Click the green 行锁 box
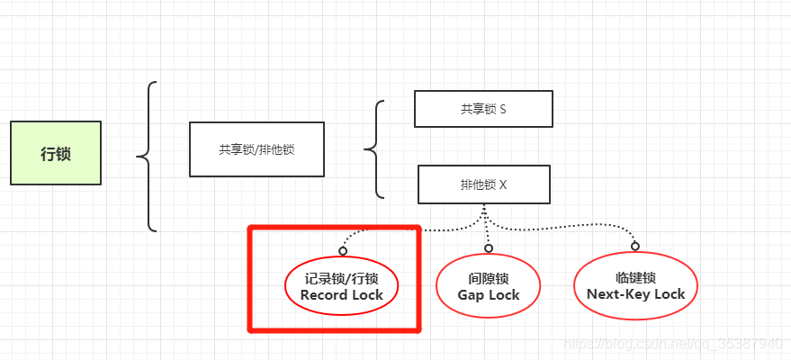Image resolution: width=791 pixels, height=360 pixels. click(56, 153)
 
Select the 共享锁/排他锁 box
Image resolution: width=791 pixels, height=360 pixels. click(256, 149)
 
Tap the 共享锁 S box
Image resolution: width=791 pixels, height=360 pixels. click(483, 109)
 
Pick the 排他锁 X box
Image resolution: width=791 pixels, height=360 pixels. click(484, 184)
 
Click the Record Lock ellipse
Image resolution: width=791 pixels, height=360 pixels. click(342, 287)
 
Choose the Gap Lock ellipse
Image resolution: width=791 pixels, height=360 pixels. click(489, 287)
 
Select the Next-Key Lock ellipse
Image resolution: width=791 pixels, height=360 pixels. click(635, 286)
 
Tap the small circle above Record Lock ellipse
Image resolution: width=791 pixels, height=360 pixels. click(343, 249)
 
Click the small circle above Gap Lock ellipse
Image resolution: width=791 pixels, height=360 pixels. click(489, 247)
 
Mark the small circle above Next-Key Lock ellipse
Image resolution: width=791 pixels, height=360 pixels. click(635, 246)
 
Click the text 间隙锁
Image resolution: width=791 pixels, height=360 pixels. click(489, 280)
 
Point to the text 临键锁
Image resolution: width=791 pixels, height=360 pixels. click(635, 278)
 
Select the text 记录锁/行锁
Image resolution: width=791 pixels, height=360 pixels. click(342, 279)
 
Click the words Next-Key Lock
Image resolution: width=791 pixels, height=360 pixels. click(635, 294)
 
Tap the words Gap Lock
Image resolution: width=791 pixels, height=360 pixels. click(489, 295)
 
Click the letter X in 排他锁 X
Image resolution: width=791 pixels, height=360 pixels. click(503, 184)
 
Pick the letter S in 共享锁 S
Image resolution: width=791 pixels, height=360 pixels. click(502, 109)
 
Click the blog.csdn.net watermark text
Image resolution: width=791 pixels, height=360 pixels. click(671, 344)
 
